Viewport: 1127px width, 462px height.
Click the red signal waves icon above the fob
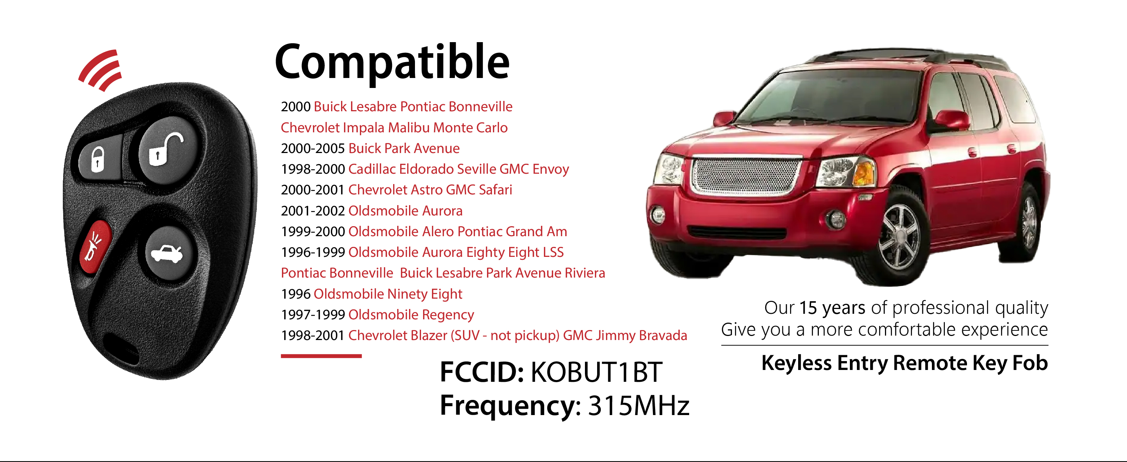pyautogui.click(x=100, y=70)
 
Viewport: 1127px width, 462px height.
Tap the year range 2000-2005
pyautogui.click(x=313, y=148)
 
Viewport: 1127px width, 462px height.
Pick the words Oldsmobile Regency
pyautogui.click(x=411, y=315)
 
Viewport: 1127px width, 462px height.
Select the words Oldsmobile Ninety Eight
pyautogui.click(x=388, y=294)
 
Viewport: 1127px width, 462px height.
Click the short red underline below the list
pyautogui.click(x=321, y=356)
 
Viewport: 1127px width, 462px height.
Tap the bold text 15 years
pyautogui.click(x=832, y=308)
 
